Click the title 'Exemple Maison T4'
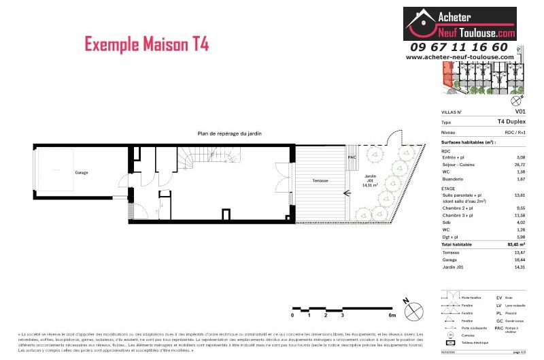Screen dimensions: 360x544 pos(147,45)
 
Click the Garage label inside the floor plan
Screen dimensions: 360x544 pos(81,172)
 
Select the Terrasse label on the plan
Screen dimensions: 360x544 pos(320,180)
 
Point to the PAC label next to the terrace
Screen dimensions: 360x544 pos(352,157)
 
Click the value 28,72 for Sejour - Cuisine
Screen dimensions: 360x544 pos(520,165)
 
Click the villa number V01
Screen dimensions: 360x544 pos(520,111)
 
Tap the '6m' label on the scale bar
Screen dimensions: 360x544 pos(392,316)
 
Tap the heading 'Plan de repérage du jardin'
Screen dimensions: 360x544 pos(229,134)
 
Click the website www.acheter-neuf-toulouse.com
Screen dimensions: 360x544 pos(460,57)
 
